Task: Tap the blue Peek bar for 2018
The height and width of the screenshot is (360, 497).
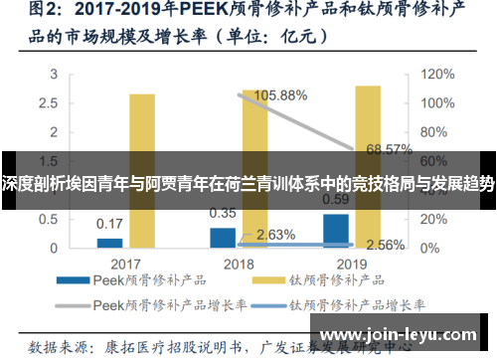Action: point(223,237)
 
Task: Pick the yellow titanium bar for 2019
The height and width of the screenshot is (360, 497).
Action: point(367,164)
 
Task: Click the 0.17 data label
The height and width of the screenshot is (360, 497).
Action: point(109,223)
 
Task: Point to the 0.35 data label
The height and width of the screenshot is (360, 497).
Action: point(223,212)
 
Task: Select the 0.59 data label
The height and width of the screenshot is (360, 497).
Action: point(336,198)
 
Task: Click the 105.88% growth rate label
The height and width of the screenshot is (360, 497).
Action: point(282,95)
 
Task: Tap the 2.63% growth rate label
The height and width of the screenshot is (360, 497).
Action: point(276,235)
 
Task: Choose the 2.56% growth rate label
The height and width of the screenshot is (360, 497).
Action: point(385,245)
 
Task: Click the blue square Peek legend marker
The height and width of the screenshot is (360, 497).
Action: point(88,281)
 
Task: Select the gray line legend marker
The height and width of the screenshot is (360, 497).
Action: point(88,304)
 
